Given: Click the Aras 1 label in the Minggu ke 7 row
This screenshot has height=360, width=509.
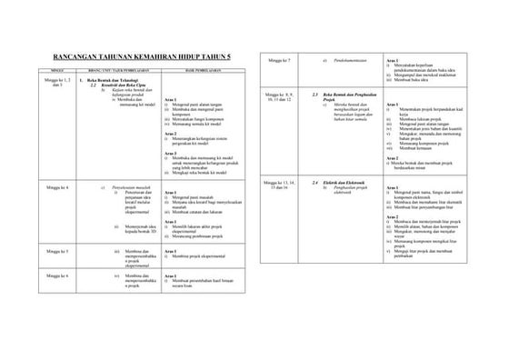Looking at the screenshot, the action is [x=392, y=60].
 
